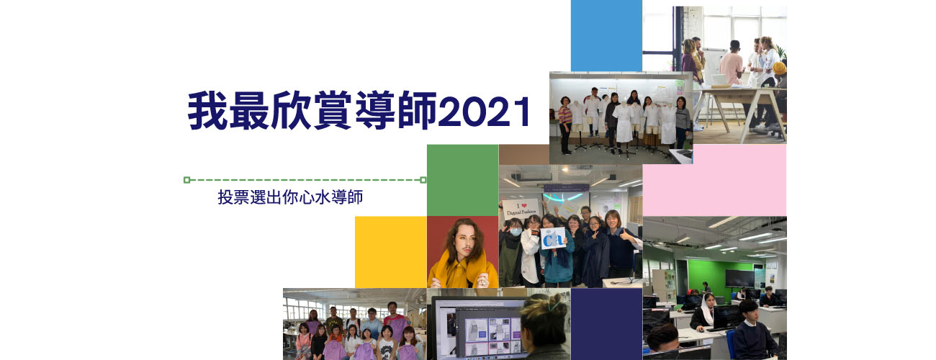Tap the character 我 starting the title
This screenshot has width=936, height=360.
(207, 111)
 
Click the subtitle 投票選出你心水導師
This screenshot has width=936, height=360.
(290, 197)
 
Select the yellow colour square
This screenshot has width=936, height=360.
(391, 252)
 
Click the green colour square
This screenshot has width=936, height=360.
(462, 180)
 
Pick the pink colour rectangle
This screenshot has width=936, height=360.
(714, 180)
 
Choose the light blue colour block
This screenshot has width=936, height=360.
(606, 36)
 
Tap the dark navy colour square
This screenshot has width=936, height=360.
(606, 324)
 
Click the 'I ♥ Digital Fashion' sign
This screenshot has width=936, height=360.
(521, 208)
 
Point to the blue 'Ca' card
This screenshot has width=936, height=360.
(553, 239)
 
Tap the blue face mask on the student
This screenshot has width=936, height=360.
(516, 231)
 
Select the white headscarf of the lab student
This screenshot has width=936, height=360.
(707, 308)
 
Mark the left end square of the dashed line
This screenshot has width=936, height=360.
(186, 180)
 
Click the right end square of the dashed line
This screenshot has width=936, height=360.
(423, 180)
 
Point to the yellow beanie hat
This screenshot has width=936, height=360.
(779, 67)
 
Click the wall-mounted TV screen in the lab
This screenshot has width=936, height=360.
(739, 278)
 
